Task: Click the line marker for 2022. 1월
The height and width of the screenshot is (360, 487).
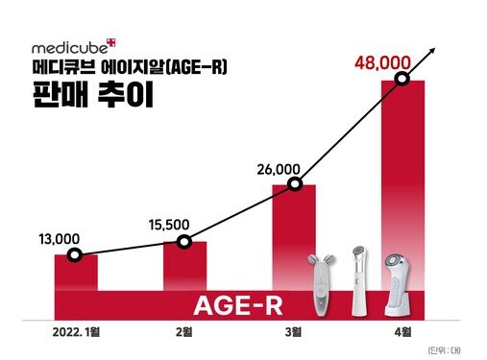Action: [x=77, y=255]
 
